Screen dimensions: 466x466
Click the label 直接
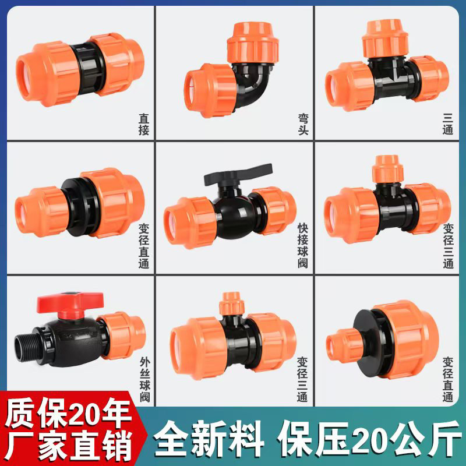pos(144,124)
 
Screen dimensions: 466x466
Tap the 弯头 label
pos(303,124)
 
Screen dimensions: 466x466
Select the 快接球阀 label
pos(303,246)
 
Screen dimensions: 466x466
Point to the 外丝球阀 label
pos(145,380)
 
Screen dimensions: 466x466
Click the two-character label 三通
pos(448,124)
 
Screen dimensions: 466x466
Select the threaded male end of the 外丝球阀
pos(24,348)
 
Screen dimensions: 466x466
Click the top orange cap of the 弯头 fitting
pos(253,43)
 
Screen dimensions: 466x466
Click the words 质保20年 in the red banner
pos(68,413)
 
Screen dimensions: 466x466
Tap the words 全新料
pos(209,439)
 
